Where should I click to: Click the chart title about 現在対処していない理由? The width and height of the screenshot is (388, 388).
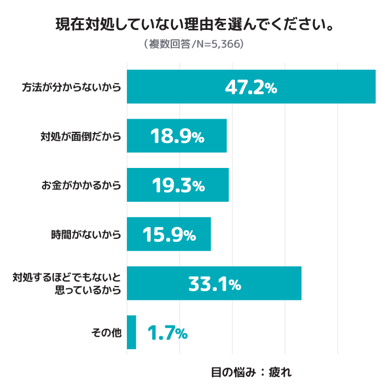(195, 24)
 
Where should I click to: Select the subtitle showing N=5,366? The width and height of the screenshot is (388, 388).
(194, 44)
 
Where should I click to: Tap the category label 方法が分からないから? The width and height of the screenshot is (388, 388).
(72, 87)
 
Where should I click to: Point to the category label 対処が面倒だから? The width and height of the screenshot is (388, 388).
(81, 136)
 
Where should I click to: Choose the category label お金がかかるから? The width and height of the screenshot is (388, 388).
(81, 185)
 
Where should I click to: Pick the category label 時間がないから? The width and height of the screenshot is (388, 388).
(86, 234)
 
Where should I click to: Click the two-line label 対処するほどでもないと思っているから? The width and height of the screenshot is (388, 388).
(67, 284)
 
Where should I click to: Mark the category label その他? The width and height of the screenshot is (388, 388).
(106, 333)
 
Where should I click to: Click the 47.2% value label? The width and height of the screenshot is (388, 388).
(251, 88)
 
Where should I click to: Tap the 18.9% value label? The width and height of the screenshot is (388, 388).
(177, 136)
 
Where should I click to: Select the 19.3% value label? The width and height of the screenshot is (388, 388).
(178, 185)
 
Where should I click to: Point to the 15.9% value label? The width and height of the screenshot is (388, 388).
(169, 234)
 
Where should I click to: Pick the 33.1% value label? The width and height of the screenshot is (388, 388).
(215, 284)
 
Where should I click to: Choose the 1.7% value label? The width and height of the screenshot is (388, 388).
(167, 333)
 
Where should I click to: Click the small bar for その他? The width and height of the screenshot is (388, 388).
(131, 333)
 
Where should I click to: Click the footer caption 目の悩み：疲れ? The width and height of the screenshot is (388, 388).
(252, 372)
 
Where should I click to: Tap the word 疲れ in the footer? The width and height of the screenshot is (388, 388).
(280, 372)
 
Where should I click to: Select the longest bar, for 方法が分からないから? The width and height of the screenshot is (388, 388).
(251, 86)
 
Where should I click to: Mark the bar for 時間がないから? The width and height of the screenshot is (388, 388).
(169, 234)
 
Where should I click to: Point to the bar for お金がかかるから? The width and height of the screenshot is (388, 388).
(178, 185)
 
